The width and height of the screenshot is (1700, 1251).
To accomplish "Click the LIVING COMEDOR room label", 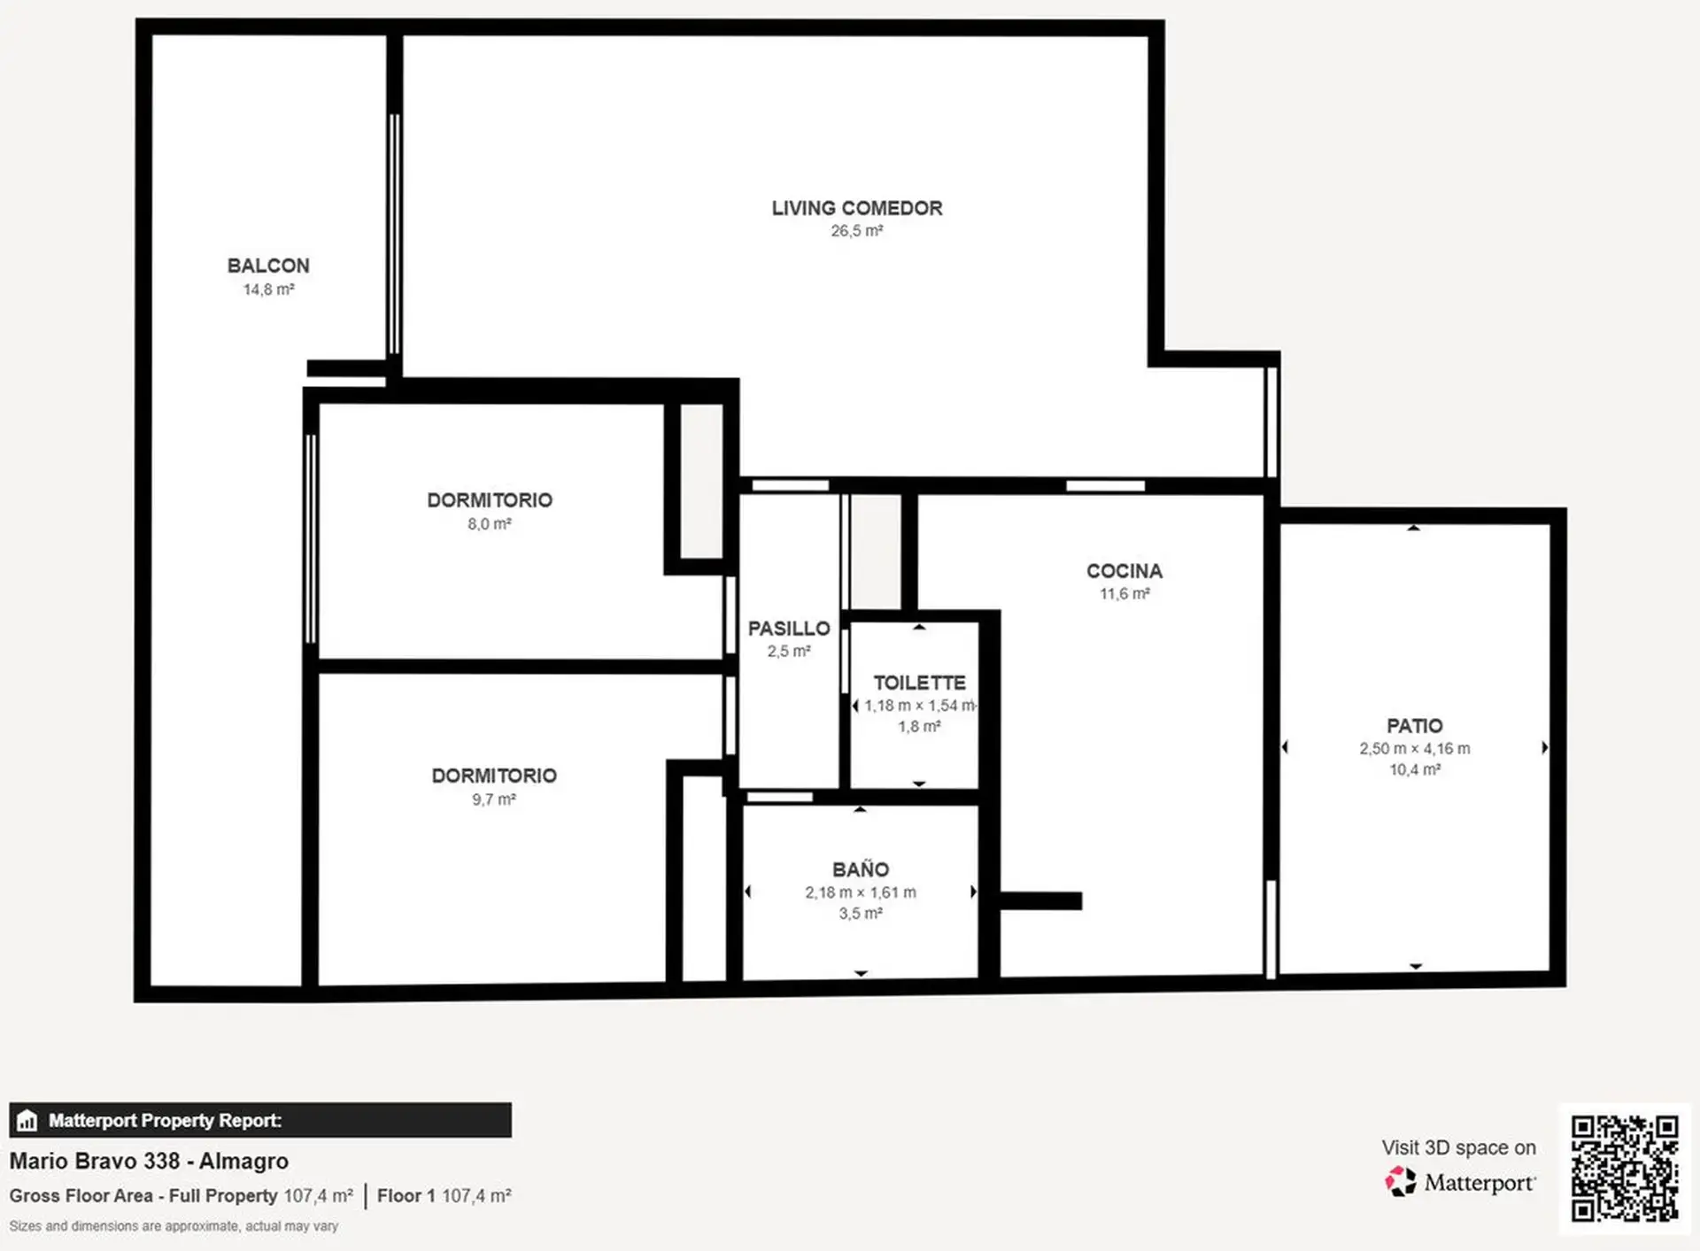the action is [856, 208].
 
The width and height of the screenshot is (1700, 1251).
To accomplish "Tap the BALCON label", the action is [268, 266].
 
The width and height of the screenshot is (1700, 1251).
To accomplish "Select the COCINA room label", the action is [1124, 571].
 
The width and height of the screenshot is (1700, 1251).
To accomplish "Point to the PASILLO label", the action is [789, 629].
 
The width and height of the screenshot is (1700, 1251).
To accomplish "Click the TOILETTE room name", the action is [919, 683].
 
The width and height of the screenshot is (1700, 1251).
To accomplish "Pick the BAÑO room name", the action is [861, 869].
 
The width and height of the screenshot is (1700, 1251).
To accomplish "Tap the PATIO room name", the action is [1415, 726].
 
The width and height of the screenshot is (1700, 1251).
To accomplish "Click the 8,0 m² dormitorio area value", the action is [490, 524].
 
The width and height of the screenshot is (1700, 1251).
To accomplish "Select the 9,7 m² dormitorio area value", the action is [494, 799].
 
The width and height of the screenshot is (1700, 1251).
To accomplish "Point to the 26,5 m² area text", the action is [856, 231].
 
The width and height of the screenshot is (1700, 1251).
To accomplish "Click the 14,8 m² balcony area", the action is [268, 290].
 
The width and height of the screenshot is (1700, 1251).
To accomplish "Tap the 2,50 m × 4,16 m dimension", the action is [1415, 749].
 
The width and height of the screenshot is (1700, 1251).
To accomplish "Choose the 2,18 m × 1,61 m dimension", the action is [861, 892].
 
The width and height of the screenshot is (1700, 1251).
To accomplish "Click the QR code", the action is [1625, 1169].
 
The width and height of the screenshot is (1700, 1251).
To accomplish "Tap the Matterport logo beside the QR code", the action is [1460, 1182].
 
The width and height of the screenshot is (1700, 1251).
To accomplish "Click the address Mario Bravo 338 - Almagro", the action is [149, 1161].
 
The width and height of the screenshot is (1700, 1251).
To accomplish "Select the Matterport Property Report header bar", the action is [260, 1120].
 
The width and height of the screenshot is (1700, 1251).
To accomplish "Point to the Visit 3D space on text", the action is [1458, 1147].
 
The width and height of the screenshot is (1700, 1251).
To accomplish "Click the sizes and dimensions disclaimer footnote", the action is [174, 1226].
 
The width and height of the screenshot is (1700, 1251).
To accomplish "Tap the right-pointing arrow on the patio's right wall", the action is [1544, 747].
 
